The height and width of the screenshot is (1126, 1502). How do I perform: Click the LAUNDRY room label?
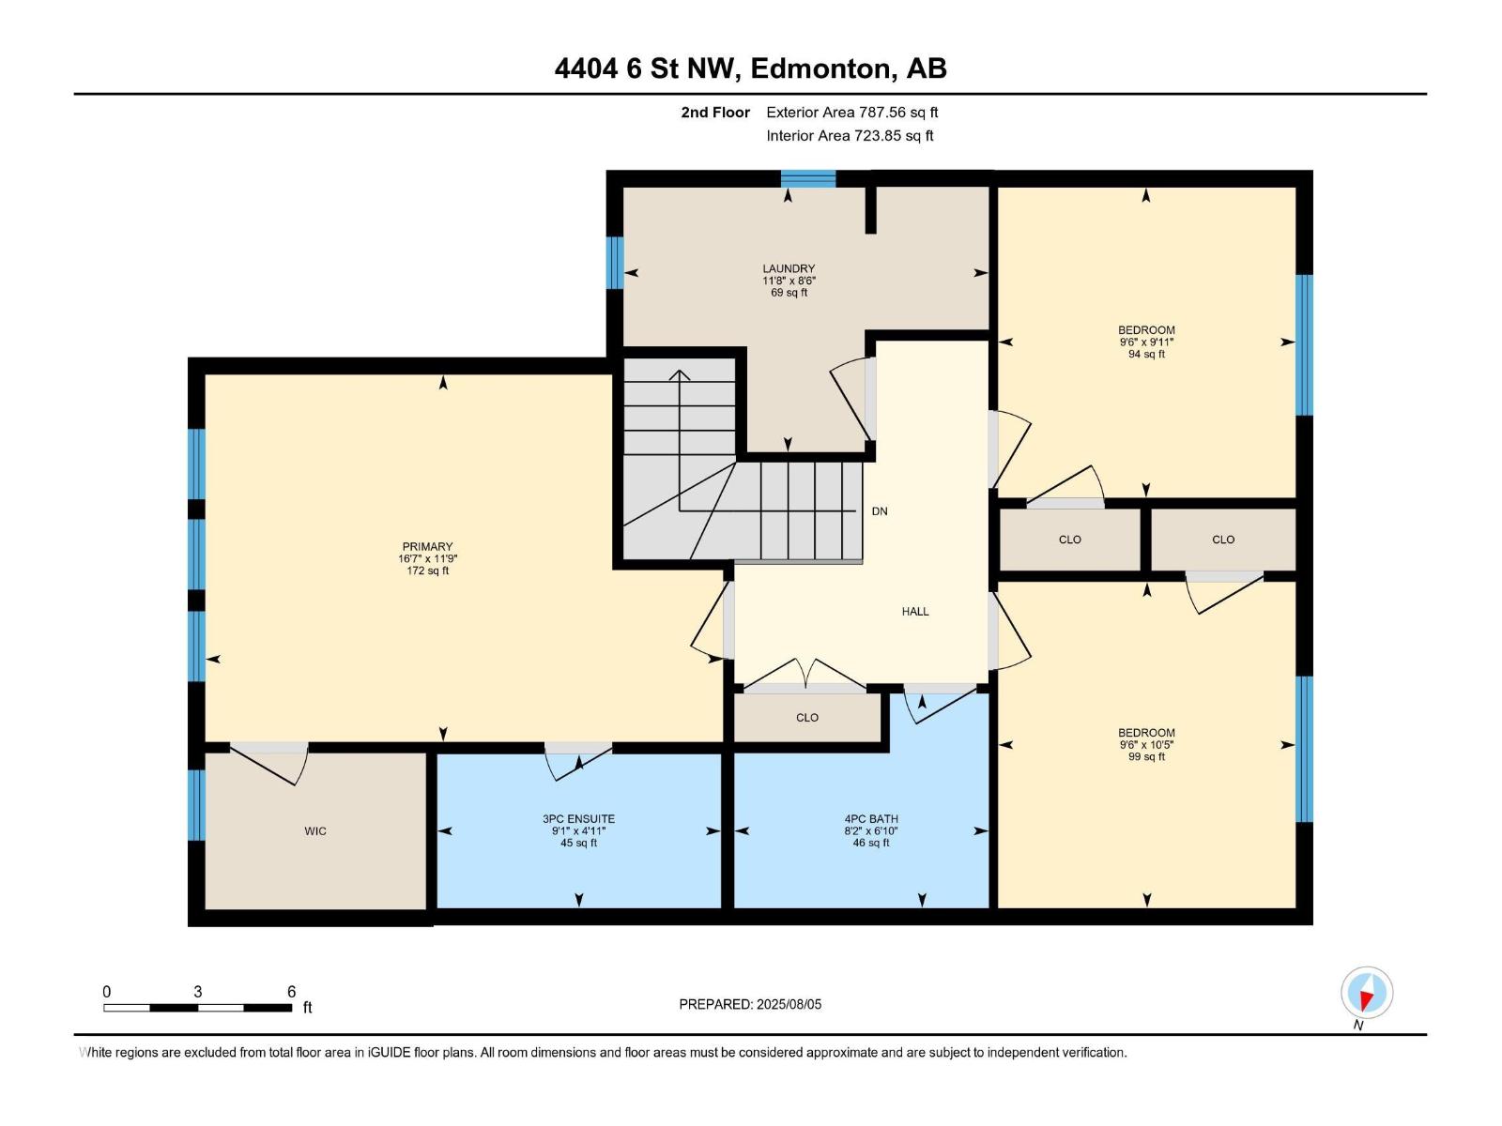[x=789, y=268]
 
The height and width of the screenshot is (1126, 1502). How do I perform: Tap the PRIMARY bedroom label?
[x=427, y=546]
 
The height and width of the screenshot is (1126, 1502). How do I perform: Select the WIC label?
[x=315, y=831]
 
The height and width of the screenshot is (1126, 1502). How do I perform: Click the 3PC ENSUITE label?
[x=578, y=819]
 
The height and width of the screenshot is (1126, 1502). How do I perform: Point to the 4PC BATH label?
[x=871, y=819]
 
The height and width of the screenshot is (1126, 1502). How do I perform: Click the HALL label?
[x=915, y=612]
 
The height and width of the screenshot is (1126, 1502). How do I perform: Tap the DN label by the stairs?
[x=880, y=511]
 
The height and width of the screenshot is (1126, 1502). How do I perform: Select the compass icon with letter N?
[x=1367, y=994]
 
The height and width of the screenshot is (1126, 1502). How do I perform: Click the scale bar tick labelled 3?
[x=197, y=992]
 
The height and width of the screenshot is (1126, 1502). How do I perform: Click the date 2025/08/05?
[x=788, y=1004]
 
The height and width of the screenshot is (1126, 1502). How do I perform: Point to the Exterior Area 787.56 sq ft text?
[x=851, y=113]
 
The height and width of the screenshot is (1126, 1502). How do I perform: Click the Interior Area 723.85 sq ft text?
[x=850, y=136]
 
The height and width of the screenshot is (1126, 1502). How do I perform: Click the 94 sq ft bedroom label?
[x=1146, y=355]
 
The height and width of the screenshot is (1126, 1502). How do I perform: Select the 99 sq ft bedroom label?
[x=1146, y=757]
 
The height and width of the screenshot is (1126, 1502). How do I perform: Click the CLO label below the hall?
[x=807, y=718]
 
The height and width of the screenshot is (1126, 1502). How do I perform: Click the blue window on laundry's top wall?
[x=808, y=178]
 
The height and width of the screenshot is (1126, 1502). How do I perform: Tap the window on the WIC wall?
[x=196, y=805]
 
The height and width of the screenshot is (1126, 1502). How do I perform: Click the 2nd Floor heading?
[x=715, y=113]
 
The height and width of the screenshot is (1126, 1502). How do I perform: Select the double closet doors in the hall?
[x=805, y=676]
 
